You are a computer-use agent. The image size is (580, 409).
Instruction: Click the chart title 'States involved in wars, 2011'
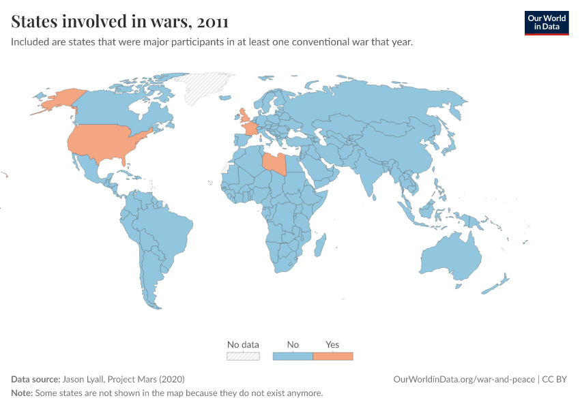[119, 22]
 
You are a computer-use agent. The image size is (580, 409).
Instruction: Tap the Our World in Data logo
[546, 22]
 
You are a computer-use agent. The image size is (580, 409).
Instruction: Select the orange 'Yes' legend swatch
[333, 356]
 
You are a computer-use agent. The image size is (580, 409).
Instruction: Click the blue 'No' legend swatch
[293, 356]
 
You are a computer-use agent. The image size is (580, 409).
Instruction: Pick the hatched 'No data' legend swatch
[243, 356]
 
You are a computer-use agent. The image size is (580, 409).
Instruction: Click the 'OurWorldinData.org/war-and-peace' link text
[464, 379]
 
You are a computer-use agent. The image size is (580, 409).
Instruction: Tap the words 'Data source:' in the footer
[35, 379]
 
